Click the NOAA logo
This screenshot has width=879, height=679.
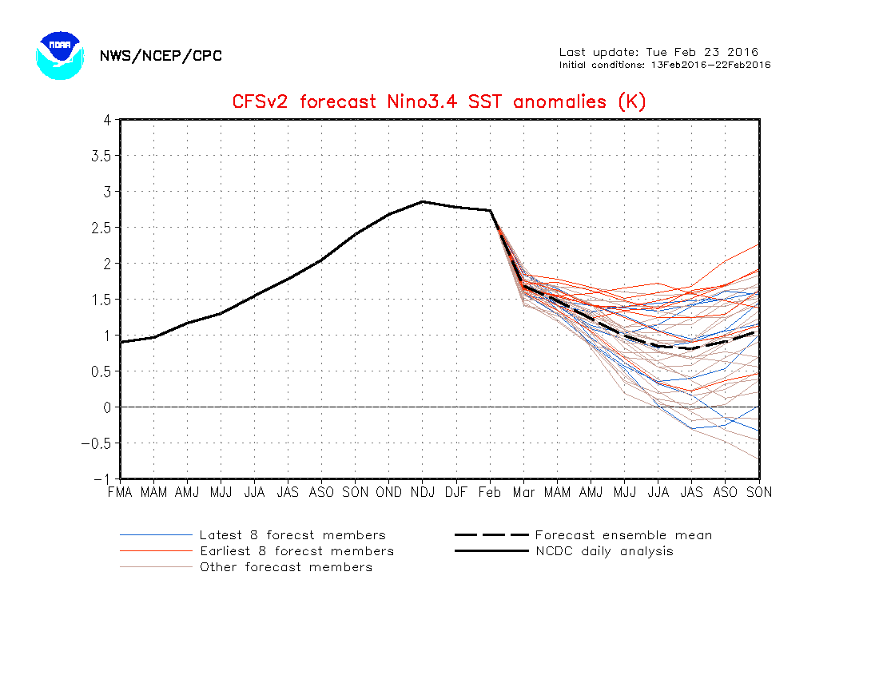59,55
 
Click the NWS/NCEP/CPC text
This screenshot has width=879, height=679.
161,56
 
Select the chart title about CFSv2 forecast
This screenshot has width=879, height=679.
439,102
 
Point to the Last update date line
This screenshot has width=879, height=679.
658,53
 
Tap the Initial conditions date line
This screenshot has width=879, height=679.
665,65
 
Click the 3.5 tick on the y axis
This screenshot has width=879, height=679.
101,156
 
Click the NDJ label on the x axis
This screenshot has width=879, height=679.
423,493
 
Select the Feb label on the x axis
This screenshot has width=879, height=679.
490,493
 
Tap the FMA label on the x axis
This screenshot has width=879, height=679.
120,493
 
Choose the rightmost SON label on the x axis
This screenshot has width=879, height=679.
759,493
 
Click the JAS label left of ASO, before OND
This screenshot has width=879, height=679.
288,493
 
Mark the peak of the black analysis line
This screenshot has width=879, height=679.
423,201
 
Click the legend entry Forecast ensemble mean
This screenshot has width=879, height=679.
623,535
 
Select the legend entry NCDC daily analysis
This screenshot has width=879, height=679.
604,551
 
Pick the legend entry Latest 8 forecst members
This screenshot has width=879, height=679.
292,535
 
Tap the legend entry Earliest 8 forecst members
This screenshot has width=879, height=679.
296,551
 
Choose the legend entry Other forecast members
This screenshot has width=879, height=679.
286,567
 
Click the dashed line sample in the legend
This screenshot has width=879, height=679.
491,535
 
